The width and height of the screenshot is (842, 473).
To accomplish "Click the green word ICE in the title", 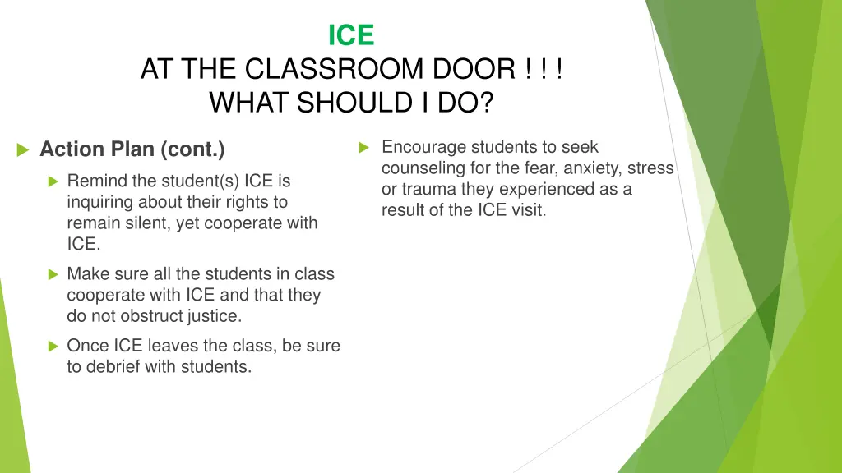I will pyautogui.click(x=351, y=35).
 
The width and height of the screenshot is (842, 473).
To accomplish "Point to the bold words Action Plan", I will pyautogui.click(x=98, y=149).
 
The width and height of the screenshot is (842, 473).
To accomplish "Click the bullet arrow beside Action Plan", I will pyautogui.click(x=23, y=149).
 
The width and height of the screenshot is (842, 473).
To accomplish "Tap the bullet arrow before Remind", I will pyautogui.click(x=53, y=181).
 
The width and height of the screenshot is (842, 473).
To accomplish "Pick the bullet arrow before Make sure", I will pyautogui.click(x=53, y=274).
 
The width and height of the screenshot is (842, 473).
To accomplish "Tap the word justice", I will pyautogui.click(x=215, y=315).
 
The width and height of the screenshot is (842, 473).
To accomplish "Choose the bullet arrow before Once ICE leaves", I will pyautogui.click(x=53, y=347).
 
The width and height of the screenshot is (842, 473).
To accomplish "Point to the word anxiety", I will pyautogui.click(x=591, y=168).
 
